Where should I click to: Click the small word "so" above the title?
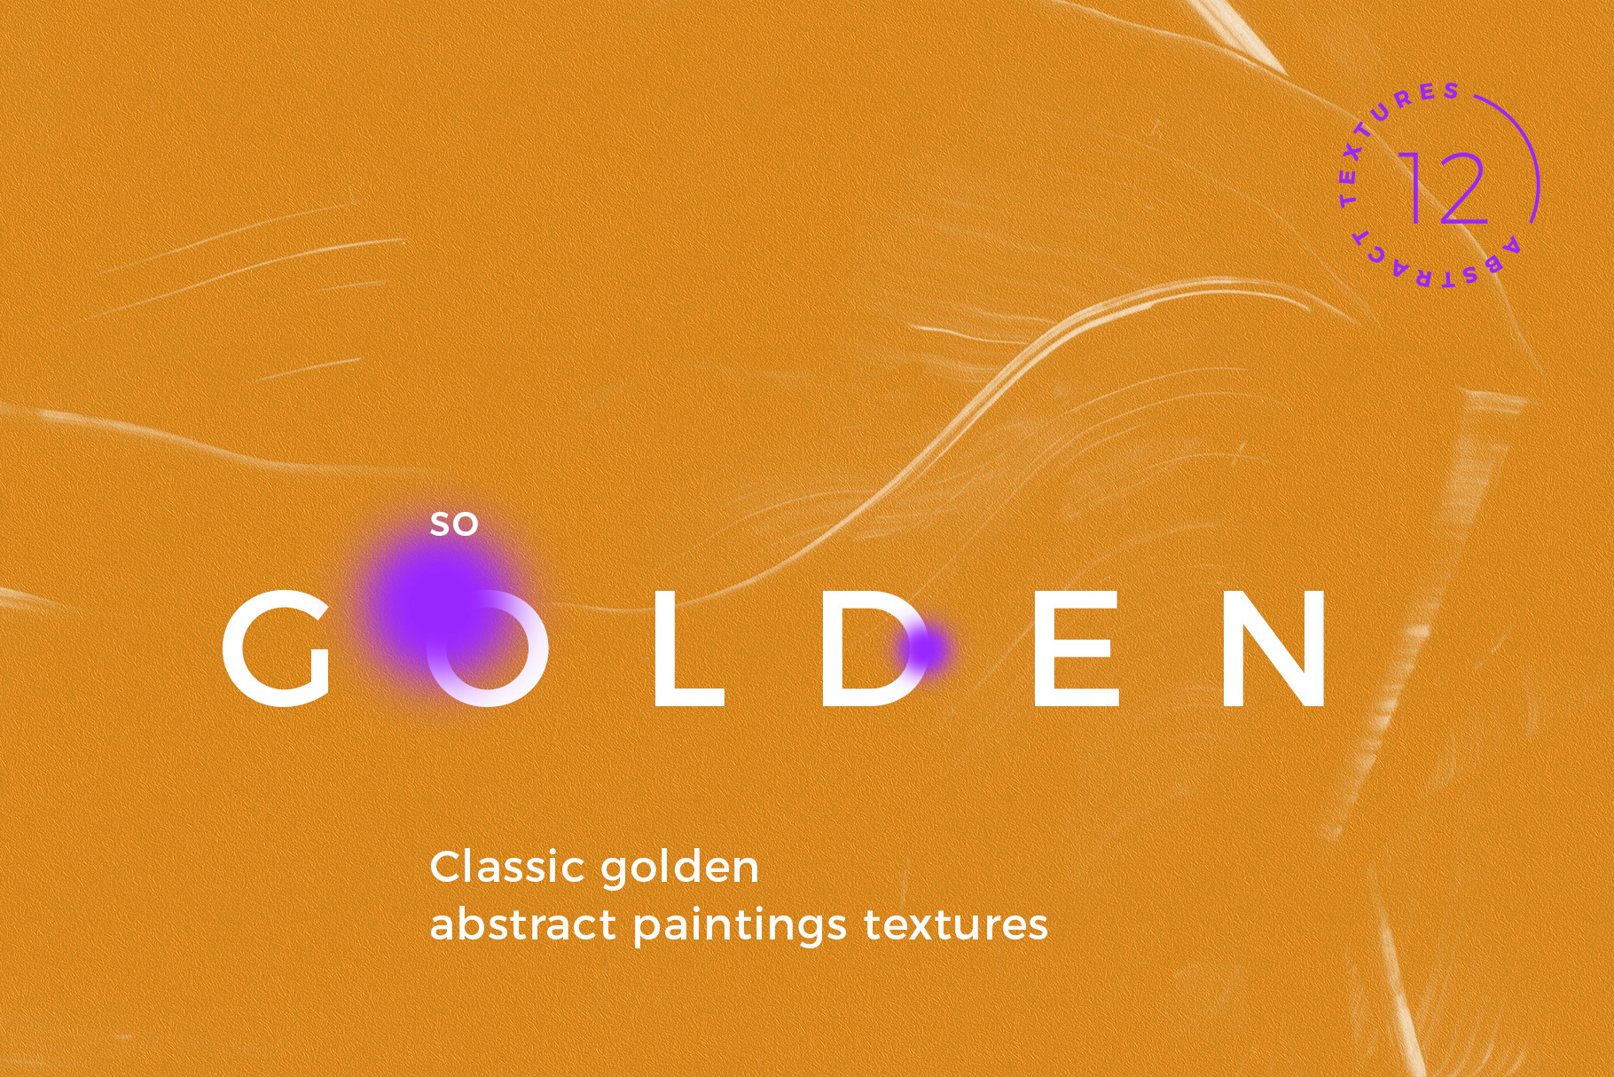point(454,525)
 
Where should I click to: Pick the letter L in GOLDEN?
point(689,648)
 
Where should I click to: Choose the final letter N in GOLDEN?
point(1274,648)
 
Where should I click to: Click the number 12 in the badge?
point(1444,187)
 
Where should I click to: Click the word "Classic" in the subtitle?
point(506,867)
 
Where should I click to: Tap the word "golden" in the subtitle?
point(678,869)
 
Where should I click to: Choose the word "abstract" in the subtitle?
point(522,924)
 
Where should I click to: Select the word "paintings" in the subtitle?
point(740,928)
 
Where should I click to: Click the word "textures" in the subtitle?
point(956,926)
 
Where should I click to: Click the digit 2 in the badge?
point(1462,187)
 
